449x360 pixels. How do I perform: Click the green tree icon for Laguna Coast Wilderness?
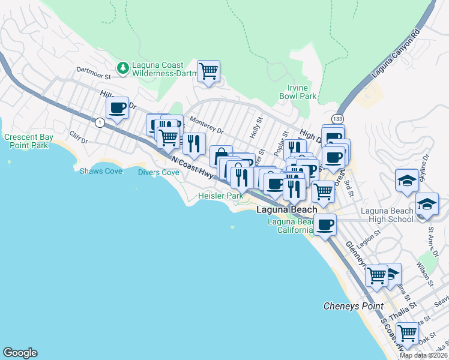[123, 68]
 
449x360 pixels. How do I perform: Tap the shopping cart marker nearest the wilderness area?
[208, 71]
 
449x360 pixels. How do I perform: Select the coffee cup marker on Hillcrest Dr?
[117, 108]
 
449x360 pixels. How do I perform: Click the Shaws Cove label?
[101, 171]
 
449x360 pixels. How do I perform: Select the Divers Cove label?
[158, 172]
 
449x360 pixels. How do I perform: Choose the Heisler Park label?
[220, 196]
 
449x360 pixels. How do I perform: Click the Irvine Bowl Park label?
[298, 92]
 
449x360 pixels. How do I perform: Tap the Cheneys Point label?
[353, 306]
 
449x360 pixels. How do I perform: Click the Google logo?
[20, 353]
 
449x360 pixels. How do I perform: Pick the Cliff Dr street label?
[79, 137]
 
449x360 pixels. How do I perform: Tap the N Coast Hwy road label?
[192, 167]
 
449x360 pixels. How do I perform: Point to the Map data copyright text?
[424, 355]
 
